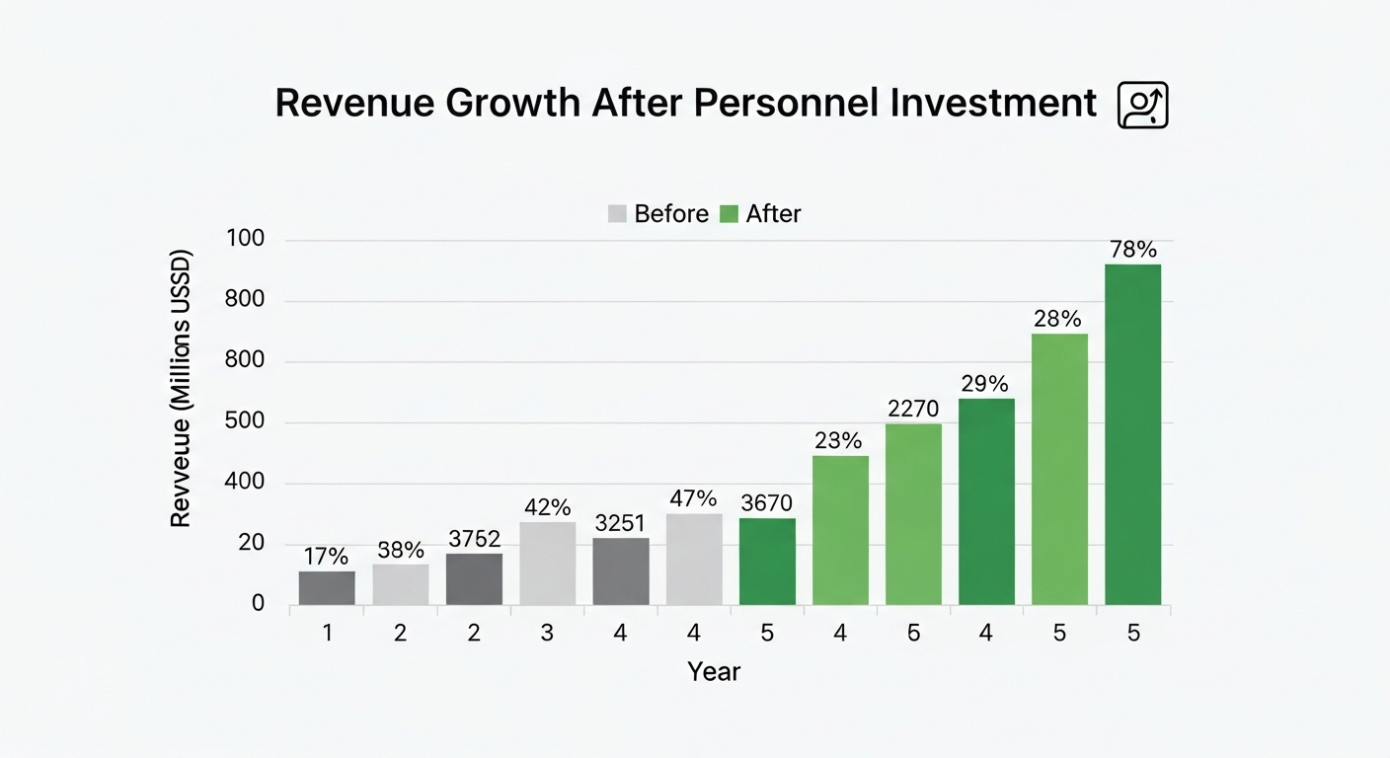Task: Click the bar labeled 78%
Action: point(1132,434)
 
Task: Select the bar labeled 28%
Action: point(1060,469)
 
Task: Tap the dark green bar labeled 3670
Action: point(767,562)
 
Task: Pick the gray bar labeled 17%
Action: point(327,588)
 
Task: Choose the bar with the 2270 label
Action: point(913,514)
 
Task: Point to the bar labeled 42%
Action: point(547,564)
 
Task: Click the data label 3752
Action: point(475,539)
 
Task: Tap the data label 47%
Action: point(693,498)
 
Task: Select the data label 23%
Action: point(838,440)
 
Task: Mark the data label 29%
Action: point(985,384)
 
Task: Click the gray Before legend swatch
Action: point(617,213)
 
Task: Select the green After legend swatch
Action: point(729,213)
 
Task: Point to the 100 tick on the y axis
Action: point(245,238)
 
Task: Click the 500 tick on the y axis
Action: point(245,421)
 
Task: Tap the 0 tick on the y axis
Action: point(258,603)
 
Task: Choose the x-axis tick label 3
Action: point(547,633)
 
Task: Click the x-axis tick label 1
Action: point(327,633)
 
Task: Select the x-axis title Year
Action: point(714,671)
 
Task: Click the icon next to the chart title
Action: point(1142,105)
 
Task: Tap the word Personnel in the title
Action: point(786,103)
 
